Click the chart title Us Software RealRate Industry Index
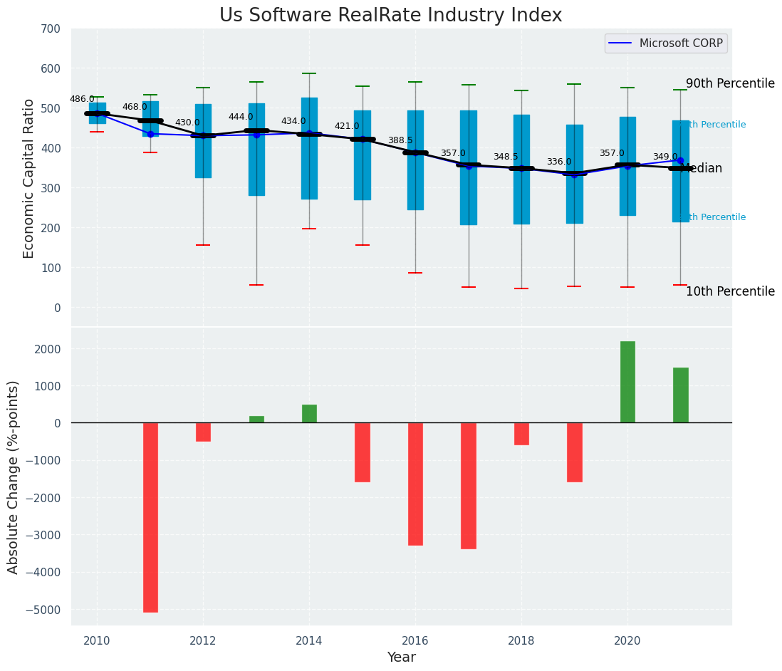(390, 16)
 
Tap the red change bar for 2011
(150, 517)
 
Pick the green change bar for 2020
(627, 382)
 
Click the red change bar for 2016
(415, 484)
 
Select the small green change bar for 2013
(256, 420)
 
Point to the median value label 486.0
(82, 99)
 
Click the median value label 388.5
(400, 140)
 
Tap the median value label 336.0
(559, 162)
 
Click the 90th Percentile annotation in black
(730, 83)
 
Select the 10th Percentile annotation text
(730, 291)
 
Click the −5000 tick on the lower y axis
(43, 610)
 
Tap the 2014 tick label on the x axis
(309, 640)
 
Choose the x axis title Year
(402, 657)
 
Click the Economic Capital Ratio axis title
(28, 178)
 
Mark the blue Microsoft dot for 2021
(680, 161)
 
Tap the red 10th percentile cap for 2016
(415, 273)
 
